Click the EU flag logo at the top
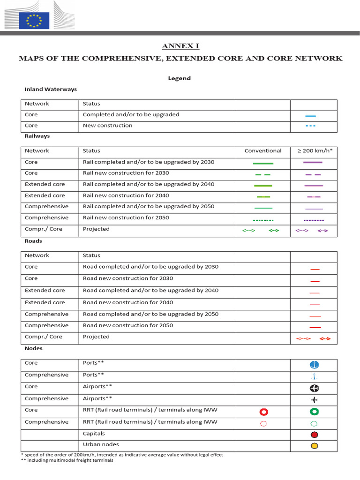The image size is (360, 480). pyautogui.click(x=34, y=21)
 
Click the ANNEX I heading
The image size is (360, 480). pyautogui.click(x=180, y=46)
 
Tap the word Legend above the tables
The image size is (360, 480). pyautogui.click(x=180, y=78)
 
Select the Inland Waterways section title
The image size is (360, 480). pyautogui.click(x=51, y=89)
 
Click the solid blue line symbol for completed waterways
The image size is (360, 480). pyautogui.click(x=310, y=115)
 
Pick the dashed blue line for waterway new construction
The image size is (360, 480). pyautogui.click(x=310, y=126)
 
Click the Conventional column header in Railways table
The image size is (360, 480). pyautogui.click(x=263, y=151)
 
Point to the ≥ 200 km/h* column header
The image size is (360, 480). pyautogui.click(x=314, y=151)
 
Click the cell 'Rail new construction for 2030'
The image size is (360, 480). pyautogui.click(x=126, y=173)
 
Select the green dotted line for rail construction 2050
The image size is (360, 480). pyautogui.click(x=263, y=219)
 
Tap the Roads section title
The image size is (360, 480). pyautogui.click(x=33, y=241)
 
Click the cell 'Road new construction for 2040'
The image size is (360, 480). pyautogui.click(x=128, y=302)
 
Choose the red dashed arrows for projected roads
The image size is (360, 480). pyautogui.click(x=314, y=338)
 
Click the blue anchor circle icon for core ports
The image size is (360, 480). pyautogui.click(x=314, y=365)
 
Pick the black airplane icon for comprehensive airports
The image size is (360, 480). pyautogui.click(x=314, y=399)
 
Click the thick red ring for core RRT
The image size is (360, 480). pyautogui.click(x=263, y=412)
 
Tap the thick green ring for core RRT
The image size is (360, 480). pyautogui.click(x=314, y=412)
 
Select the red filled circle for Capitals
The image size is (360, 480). pyautogui.click(x=314, y=435)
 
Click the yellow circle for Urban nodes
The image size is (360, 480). pyautogui.click(x=314, y=446)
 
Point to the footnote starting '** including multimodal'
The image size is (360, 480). pyautogui.click(x=67, y=460)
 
